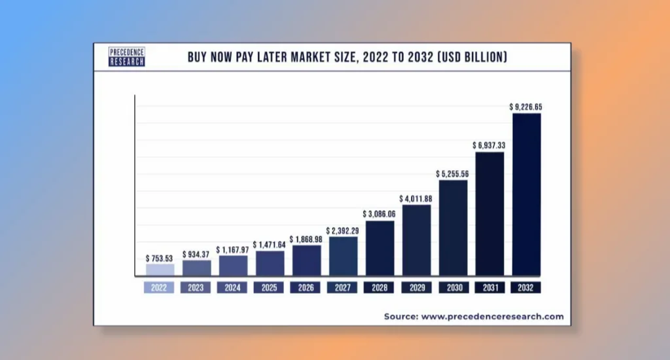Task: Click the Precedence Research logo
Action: pyautogui.click(x=127, y=57)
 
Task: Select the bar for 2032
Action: pyautogui.click(x=526, y=194)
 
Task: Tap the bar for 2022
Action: pyautogui.click(x=160, y=269)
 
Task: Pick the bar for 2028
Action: pyautogui.click(x=379, y=248)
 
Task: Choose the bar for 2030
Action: pyautogui.click(x=453, y=228)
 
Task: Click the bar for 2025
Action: pyautogui.click(x=270, y=263)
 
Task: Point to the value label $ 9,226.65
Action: pyautogui.click(x=526, y=106)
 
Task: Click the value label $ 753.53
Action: pyautogui.click(x=160, y=259)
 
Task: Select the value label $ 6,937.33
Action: pyautogui.click(x=489, y=145)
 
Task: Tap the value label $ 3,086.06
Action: pyautogui.click(x=379, y=213)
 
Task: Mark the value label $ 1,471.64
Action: pyautogui.click(x=270, y=243)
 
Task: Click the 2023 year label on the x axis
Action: pyautogui.click(x=196, y=287)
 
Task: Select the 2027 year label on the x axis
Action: pyautogui.click(x=343, y=287)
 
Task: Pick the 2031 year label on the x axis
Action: pyautogui.click(x=489, y=287)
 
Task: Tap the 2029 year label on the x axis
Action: pyautogui.click(x=416, y=287)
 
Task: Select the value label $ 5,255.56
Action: pyautogui.click(x=453, y=173)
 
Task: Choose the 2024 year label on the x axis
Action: pyautogui.click(x=233, y=287)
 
